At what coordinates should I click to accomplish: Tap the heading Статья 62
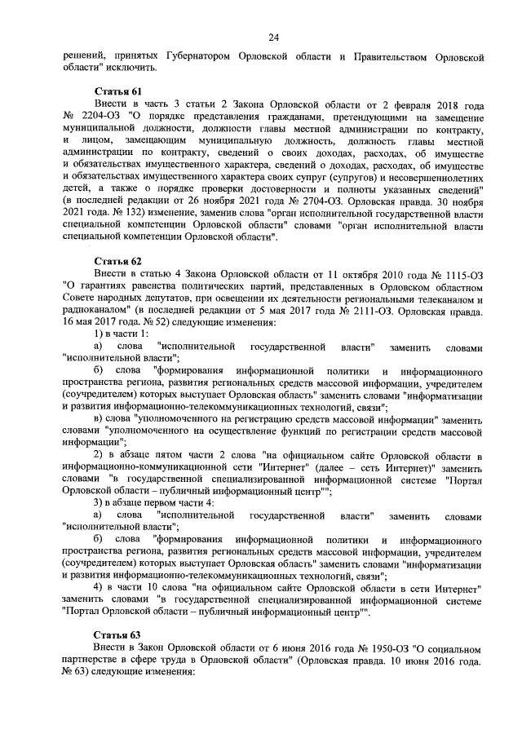pos(118,260)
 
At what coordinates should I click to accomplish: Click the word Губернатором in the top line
pos(196,56)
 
